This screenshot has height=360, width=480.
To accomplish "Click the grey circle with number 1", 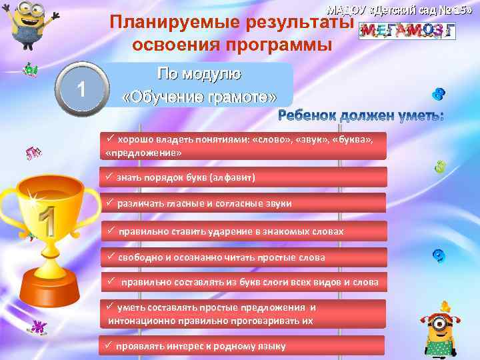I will coord(80,88).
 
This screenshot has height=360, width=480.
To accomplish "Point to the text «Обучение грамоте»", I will coord(199,97).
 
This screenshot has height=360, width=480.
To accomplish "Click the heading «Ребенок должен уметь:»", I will coord(361,116).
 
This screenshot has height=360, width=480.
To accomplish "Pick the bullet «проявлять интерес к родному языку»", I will coord(201,346).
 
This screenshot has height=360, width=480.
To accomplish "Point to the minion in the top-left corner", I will coord(23,27).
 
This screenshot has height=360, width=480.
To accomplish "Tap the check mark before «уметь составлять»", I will coord(111,307).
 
